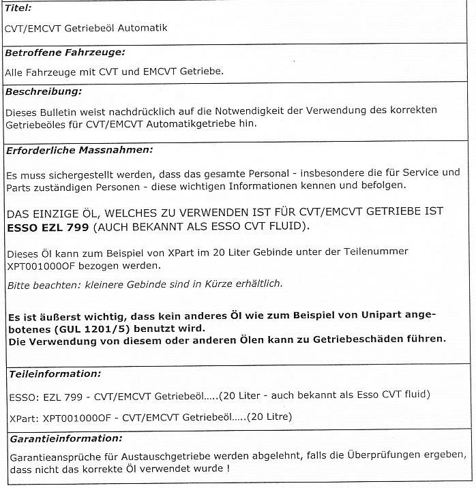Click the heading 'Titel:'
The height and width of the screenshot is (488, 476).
tap(18, 7)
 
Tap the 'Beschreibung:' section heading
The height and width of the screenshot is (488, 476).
tap(43, 91)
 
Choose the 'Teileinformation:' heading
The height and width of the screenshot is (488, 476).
tap(55, 374)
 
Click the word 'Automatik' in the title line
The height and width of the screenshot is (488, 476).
tap(145, 28)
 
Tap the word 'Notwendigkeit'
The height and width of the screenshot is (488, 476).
tap(248, 110)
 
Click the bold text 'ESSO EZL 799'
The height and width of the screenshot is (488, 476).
tap(45, 226)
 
